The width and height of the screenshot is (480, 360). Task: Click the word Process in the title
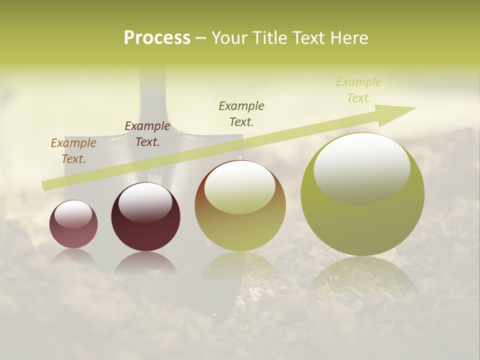point(157,38)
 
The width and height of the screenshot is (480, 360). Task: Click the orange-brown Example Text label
point(73,151)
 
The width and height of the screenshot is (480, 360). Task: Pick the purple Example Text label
point(147,134)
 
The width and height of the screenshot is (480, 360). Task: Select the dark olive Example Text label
point(241,113)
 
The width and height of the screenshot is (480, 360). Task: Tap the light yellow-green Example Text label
point(358,90)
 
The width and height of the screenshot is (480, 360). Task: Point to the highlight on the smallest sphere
point(73,214)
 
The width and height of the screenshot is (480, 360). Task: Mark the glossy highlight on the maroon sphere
point(145,202)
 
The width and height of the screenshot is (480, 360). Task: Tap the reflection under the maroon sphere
point(145,263)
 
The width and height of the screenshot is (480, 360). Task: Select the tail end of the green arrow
point(47,185)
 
